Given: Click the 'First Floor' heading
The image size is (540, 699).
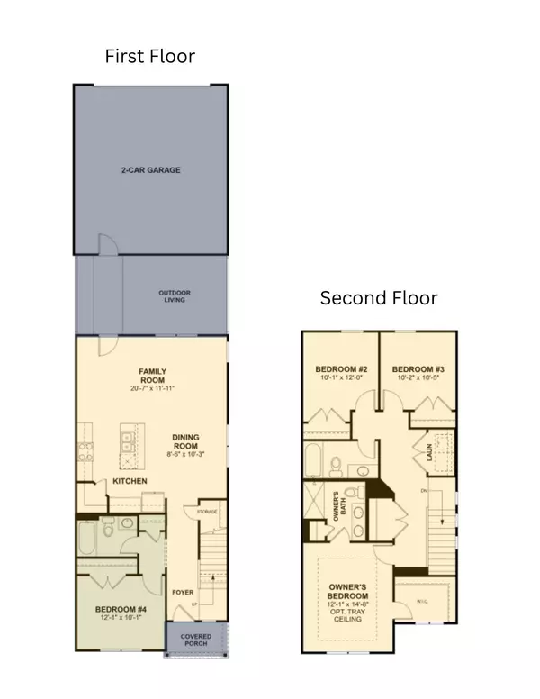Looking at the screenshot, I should coord(150,57).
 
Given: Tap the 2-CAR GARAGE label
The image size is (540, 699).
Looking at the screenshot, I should coord(149,169).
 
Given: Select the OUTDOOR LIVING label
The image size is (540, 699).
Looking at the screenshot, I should coord(175,295).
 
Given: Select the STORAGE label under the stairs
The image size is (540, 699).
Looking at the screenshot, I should coord(208,512).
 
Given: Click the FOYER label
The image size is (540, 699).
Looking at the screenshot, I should coord(184,593).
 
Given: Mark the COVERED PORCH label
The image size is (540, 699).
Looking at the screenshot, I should coord(196,640).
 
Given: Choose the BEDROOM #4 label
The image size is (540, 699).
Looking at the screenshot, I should coord(121,609).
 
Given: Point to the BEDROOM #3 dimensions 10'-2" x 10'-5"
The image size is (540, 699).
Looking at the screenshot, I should coord(416,378).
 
